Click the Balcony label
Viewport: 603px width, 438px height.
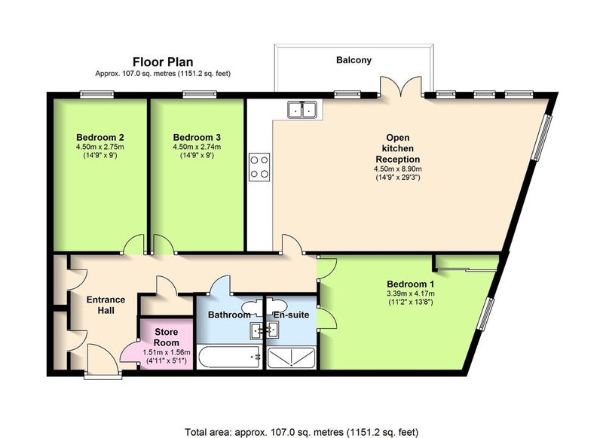(354, 60)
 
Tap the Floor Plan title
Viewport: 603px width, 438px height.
(163, 62)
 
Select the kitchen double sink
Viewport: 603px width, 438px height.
(302, 109)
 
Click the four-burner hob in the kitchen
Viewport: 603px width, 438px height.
(259, 167)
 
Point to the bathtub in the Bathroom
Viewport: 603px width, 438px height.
(230, 357)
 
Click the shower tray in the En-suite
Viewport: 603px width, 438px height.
(292, 357)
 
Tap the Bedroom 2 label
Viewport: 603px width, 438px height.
(100, 137)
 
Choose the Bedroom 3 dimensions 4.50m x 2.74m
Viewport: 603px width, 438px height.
(197, 147)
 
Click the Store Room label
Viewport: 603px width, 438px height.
(167, 337)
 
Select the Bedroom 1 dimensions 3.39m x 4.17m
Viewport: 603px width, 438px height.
(411, 294)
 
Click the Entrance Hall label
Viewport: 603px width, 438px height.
(106, 305)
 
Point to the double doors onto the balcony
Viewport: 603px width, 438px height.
(401, 87)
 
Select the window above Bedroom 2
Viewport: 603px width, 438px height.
(97, 94)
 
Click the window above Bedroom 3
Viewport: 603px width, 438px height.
(200, 94)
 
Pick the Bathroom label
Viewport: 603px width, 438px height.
(229, 315)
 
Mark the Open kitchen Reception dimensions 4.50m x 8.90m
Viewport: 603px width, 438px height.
(398, 169)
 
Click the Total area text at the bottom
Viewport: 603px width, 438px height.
(301, 432)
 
